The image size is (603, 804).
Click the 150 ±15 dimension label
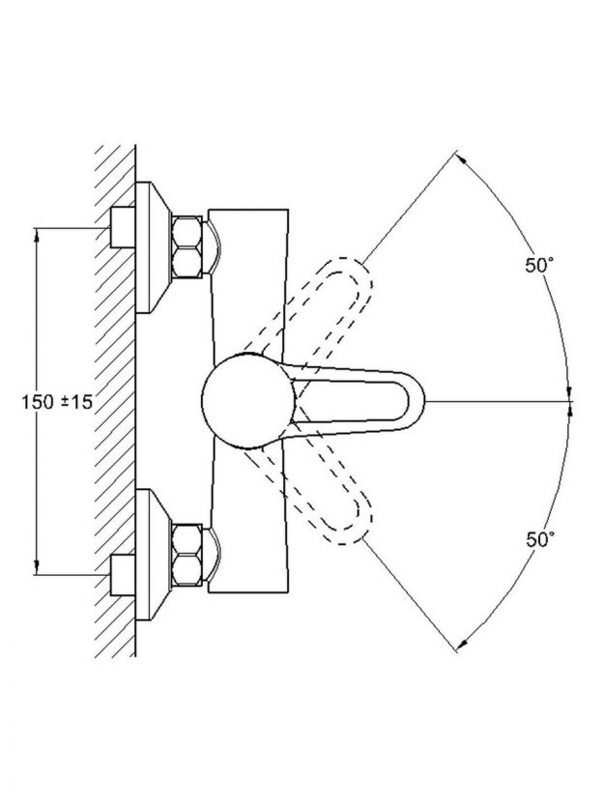coord(57,401)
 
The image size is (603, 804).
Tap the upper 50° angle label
coord(539,266)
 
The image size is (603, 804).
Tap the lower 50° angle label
coord(540,539)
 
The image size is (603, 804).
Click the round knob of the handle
coord(248,400)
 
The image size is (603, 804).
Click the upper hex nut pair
coord(187,246)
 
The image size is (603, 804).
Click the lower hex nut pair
coord(187,555)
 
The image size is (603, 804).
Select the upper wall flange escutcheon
coord(153,246)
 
